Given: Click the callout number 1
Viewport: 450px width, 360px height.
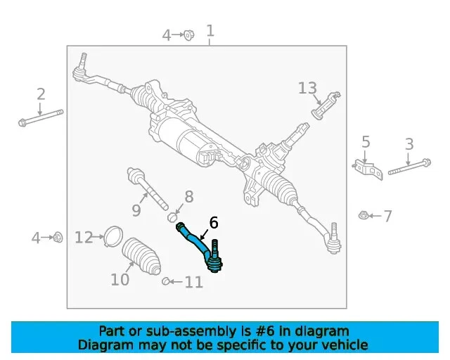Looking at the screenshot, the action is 210,31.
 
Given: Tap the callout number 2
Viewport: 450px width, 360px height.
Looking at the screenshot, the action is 41,94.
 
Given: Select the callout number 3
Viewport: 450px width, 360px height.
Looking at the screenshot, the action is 409,145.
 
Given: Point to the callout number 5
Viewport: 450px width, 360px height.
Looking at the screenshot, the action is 366,143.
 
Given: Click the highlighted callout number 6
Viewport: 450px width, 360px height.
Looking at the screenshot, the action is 214,223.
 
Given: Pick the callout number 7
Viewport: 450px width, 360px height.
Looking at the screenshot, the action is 387,216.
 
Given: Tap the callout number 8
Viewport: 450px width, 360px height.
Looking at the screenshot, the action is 188,197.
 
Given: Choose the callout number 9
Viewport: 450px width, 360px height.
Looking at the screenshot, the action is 136,210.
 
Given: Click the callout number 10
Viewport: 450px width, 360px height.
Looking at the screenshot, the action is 120,279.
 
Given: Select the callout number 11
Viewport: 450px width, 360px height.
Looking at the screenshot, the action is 193,283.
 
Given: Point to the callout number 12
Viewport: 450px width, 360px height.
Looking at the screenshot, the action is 84,238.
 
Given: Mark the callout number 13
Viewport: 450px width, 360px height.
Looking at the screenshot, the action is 307,89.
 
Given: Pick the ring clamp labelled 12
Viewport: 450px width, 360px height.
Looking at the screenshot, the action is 111,237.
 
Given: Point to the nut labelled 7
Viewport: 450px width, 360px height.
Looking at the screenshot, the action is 364,215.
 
